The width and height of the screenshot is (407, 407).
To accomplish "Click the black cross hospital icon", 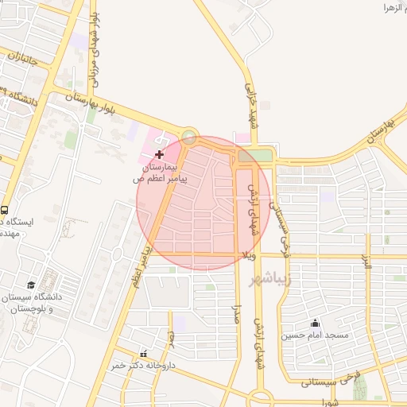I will (160, 153).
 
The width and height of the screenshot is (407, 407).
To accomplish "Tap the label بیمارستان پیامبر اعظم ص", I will (159, 174).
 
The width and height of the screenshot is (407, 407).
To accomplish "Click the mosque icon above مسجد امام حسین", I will (316, 323).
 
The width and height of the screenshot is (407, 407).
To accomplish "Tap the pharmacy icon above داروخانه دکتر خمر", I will (143, 352).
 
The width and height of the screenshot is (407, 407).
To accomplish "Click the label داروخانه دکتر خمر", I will (144, 365).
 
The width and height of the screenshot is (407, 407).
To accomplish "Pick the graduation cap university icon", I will (31, 285).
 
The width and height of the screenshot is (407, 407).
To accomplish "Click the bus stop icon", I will (5, 211).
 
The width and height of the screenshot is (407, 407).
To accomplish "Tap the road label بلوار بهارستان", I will (89, 103).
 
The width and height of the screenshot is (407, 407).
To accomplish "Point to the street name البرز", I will (366, 262).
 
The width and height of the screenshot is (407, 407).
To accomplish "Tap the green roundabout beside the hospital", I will (189, 136).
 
